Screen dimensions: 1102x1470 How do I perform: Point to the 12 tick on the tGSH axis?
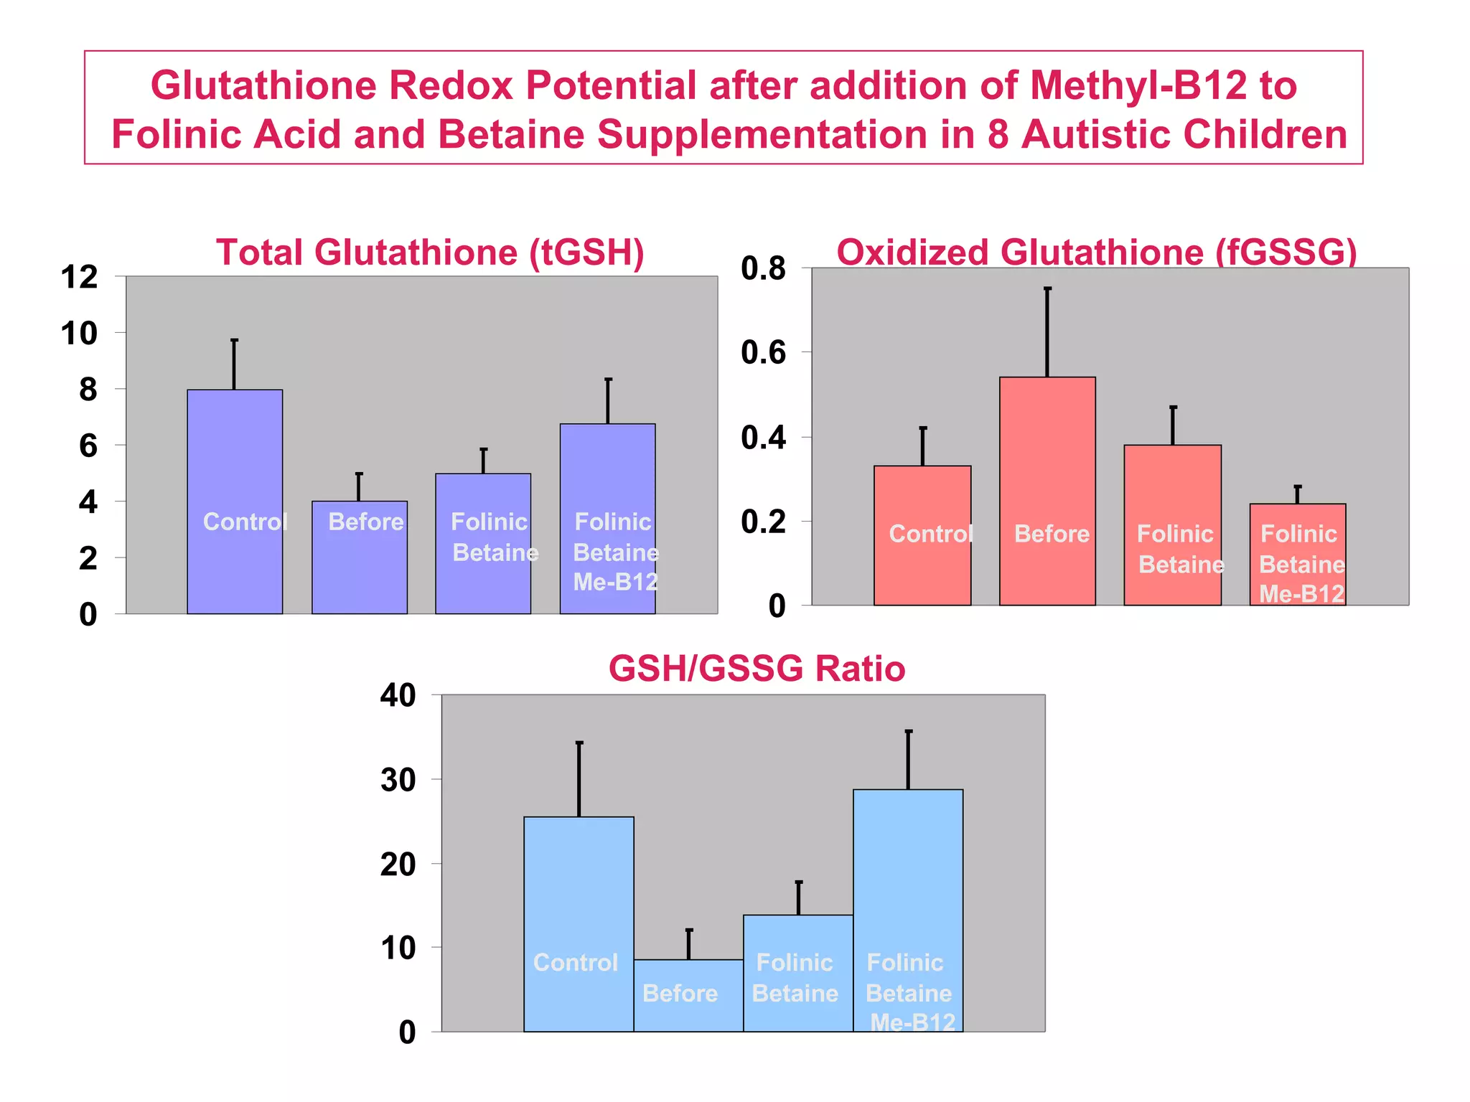[x=80, y=278]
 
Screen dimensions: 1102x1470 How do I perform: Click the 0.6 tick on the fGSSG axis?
[x=764, y=353]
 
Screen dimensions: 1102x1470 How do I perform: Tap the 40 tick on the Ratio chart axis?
[x=398, y=695]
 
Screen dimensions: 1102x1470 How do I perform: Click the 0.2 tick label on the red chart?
[x=764, y=522]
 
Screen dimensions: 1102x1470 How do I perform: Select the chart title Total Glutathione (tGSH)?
[x=430, y=253]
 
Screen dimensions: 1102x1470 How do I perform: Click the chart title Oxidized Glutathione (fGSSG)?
[x=1097, y=253]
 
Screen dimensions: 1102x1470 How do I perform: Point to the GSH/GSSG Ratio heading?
[x=757, y=669]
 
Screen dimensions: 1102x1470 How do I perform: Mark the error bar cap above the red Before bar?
[x=1047, y=288]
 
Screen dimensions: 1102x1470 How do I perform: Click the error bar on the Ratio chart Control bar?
[x=579, y=779]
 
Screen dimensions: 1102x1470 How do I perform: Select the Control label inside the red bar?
[x=930, y=534]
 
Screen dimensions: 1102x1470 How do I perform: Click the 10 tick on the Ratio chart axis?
[x=398, y=948]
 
